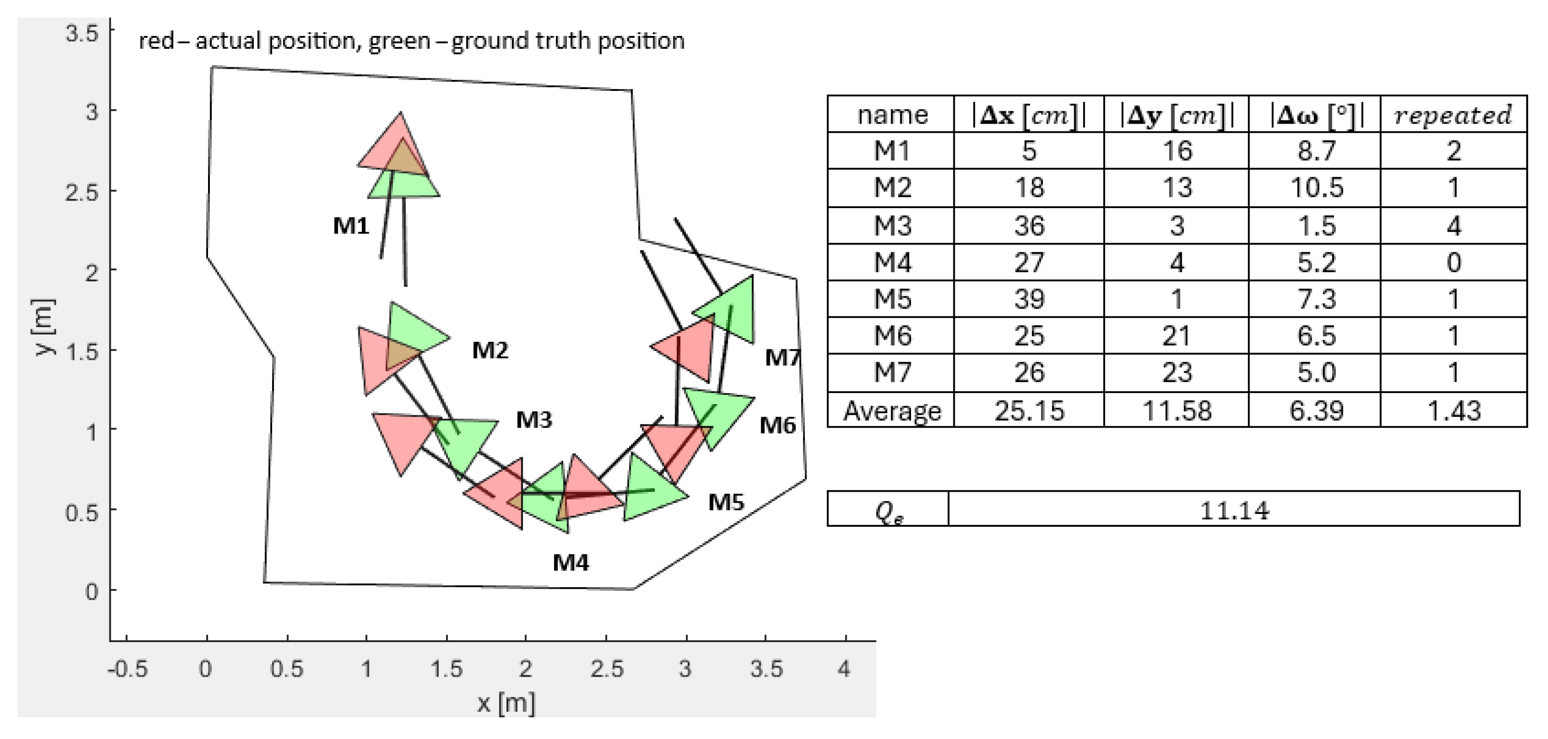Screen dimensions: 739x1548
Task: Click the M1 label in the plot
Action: tap(351, 226)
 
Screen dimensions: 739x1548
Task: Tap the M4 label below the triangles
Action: tap(571, 563)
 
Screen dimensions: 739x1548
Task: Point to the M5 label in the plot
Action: tap(726, 502)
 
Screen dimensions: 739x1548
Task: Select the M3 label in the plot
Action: tap(534, 420)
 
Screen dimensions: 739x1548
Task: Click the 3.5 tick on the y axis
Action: tap(82, 34)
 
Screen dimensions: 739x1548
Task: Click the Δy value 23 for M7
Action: tap(1177, 373)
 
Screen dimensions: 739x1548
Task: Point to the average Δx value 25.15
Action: tap(1029, 411)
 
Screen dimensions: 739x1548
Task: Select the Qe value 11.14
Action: tap(1234, 511)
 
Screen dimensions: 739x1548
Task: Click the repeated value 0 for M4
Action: tap(1453, 262)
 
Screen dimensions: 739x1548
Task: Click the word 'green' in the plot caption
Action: tap(399, 41)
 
